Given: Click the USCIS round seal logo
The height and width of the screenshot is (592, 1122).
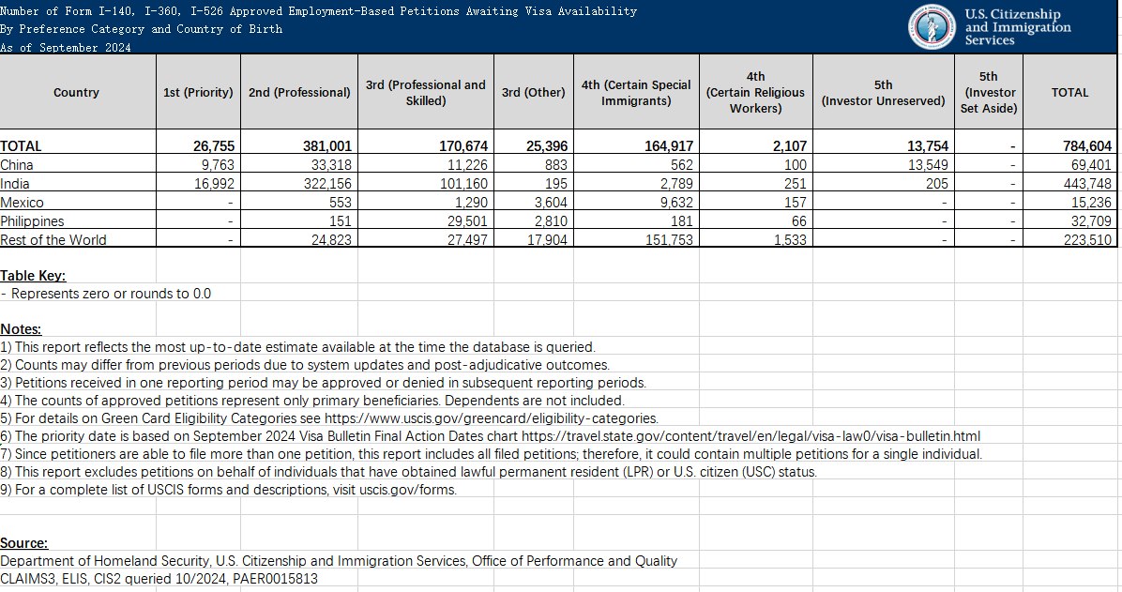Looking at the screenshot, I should [x=933, y=27].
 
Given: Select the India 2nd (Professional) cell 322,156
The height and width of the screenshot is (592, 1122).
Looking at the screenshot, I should [x=325, y=184].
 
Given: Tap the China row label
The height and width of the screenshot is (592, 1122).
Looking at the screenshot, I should [x=17, y=165].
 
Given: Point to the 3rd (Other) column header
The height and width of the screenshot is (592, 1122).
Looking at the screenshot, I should [x=533, y=93].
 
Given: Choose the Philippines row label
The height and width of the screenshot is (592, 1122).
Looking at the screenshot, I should [x=32, y=221].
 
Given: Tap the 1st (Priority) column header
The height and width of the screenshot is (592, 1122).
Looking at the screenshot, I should [x=198, y=93].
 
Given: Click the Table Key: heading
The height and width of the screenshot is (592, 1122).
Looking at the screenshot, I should [x=33, y=276].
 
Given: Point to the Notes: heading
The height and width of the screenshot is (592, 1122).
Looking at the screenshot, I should [x=21, y=329].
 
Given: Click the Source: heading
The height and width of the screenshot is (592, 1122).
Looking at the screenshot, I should [x=23, y=543].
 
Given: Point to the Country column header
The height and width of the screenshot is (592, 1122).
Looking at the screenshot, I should [x=77, y=93].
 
